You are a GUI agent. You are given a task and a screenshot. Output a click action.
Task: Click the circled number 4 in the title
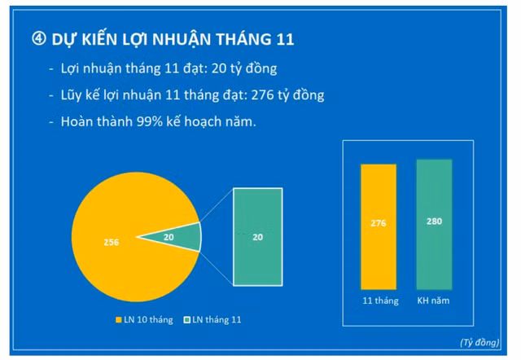pyautogui.click(x=38, y=39)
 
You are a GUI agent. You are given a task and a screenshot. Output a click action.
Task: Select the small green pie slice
pyautogui.click(x=183, y=237)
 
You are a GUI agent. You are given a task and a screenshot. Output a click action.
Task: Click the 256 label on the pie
pyautogui.click(x=112, y=242)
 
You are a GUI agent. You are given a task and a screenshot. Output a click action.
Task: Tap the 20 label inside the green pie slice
pyautogui.click(x=169, y=237)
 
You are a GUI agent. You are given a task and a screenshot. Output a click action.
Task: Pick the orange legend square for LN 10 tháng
pyautogui.click(x=119, y=320)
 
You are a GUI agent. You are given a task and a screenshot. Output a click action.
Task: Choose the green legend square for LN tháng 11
pyautogui.click(x=186, y=320)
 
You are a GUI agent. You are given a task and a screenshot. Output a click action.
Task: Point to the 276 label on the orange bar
pyautogui.click(x=379, y=223)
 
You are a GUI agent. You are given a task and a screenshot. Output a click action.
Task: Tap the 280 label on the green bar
pyautogui.click(x=434, y=221)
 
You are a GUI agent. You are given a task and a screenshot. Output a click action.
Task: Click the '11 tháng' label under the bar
pyautogui.click(x=380, y=301)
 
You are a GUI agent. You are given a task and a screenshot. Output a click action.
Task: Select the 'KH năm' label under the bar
pyautogui.click(x=434, y=301)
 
